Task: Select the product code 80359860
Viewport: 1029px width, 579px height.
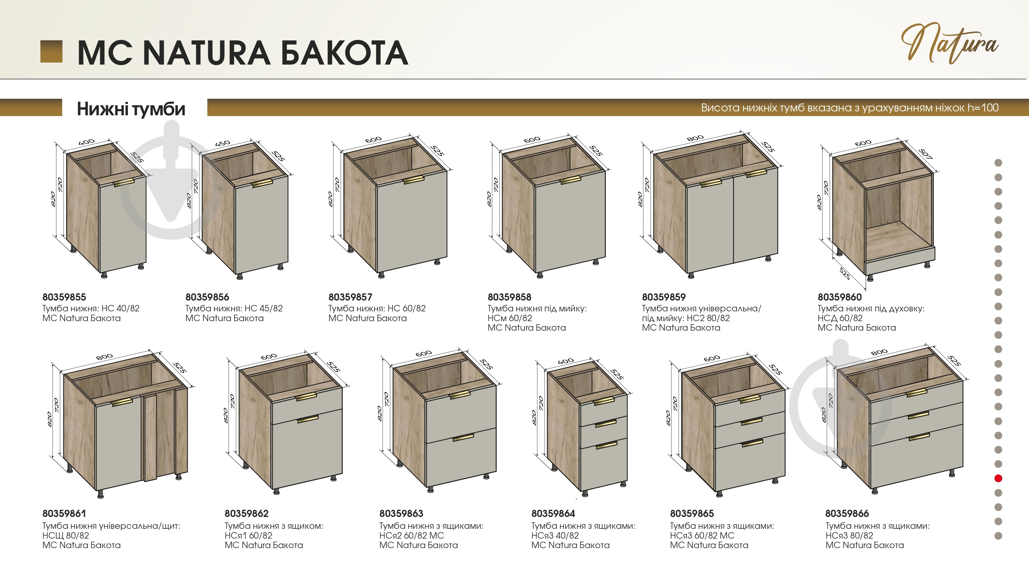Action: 840,297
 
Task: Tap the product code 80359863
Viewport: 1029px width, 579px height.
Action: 401,513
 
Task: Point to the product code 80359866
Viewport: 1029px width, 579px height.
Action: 847,513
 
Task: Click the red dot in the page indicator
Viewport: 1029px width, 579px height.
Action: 998,478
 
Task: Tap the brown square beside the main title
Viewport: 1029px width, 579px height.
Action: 51,51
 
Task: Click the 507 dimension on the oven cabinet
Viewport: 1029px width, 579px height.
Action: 925,154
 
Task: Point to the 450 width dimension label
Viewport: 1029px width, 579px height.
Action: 223,143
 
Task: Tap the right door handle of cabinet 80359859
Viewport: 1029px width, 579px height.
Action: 756,173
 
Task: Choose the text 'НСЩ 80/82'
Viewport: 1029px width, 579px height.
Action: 66,536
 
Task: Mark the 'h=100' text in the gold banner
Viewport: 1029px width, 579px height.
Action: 983,108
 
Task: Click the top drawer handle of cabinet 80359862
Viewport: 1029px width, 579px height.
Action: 306,396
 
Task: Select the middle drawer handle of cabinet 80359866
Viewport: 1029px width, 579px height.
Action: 918,415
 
